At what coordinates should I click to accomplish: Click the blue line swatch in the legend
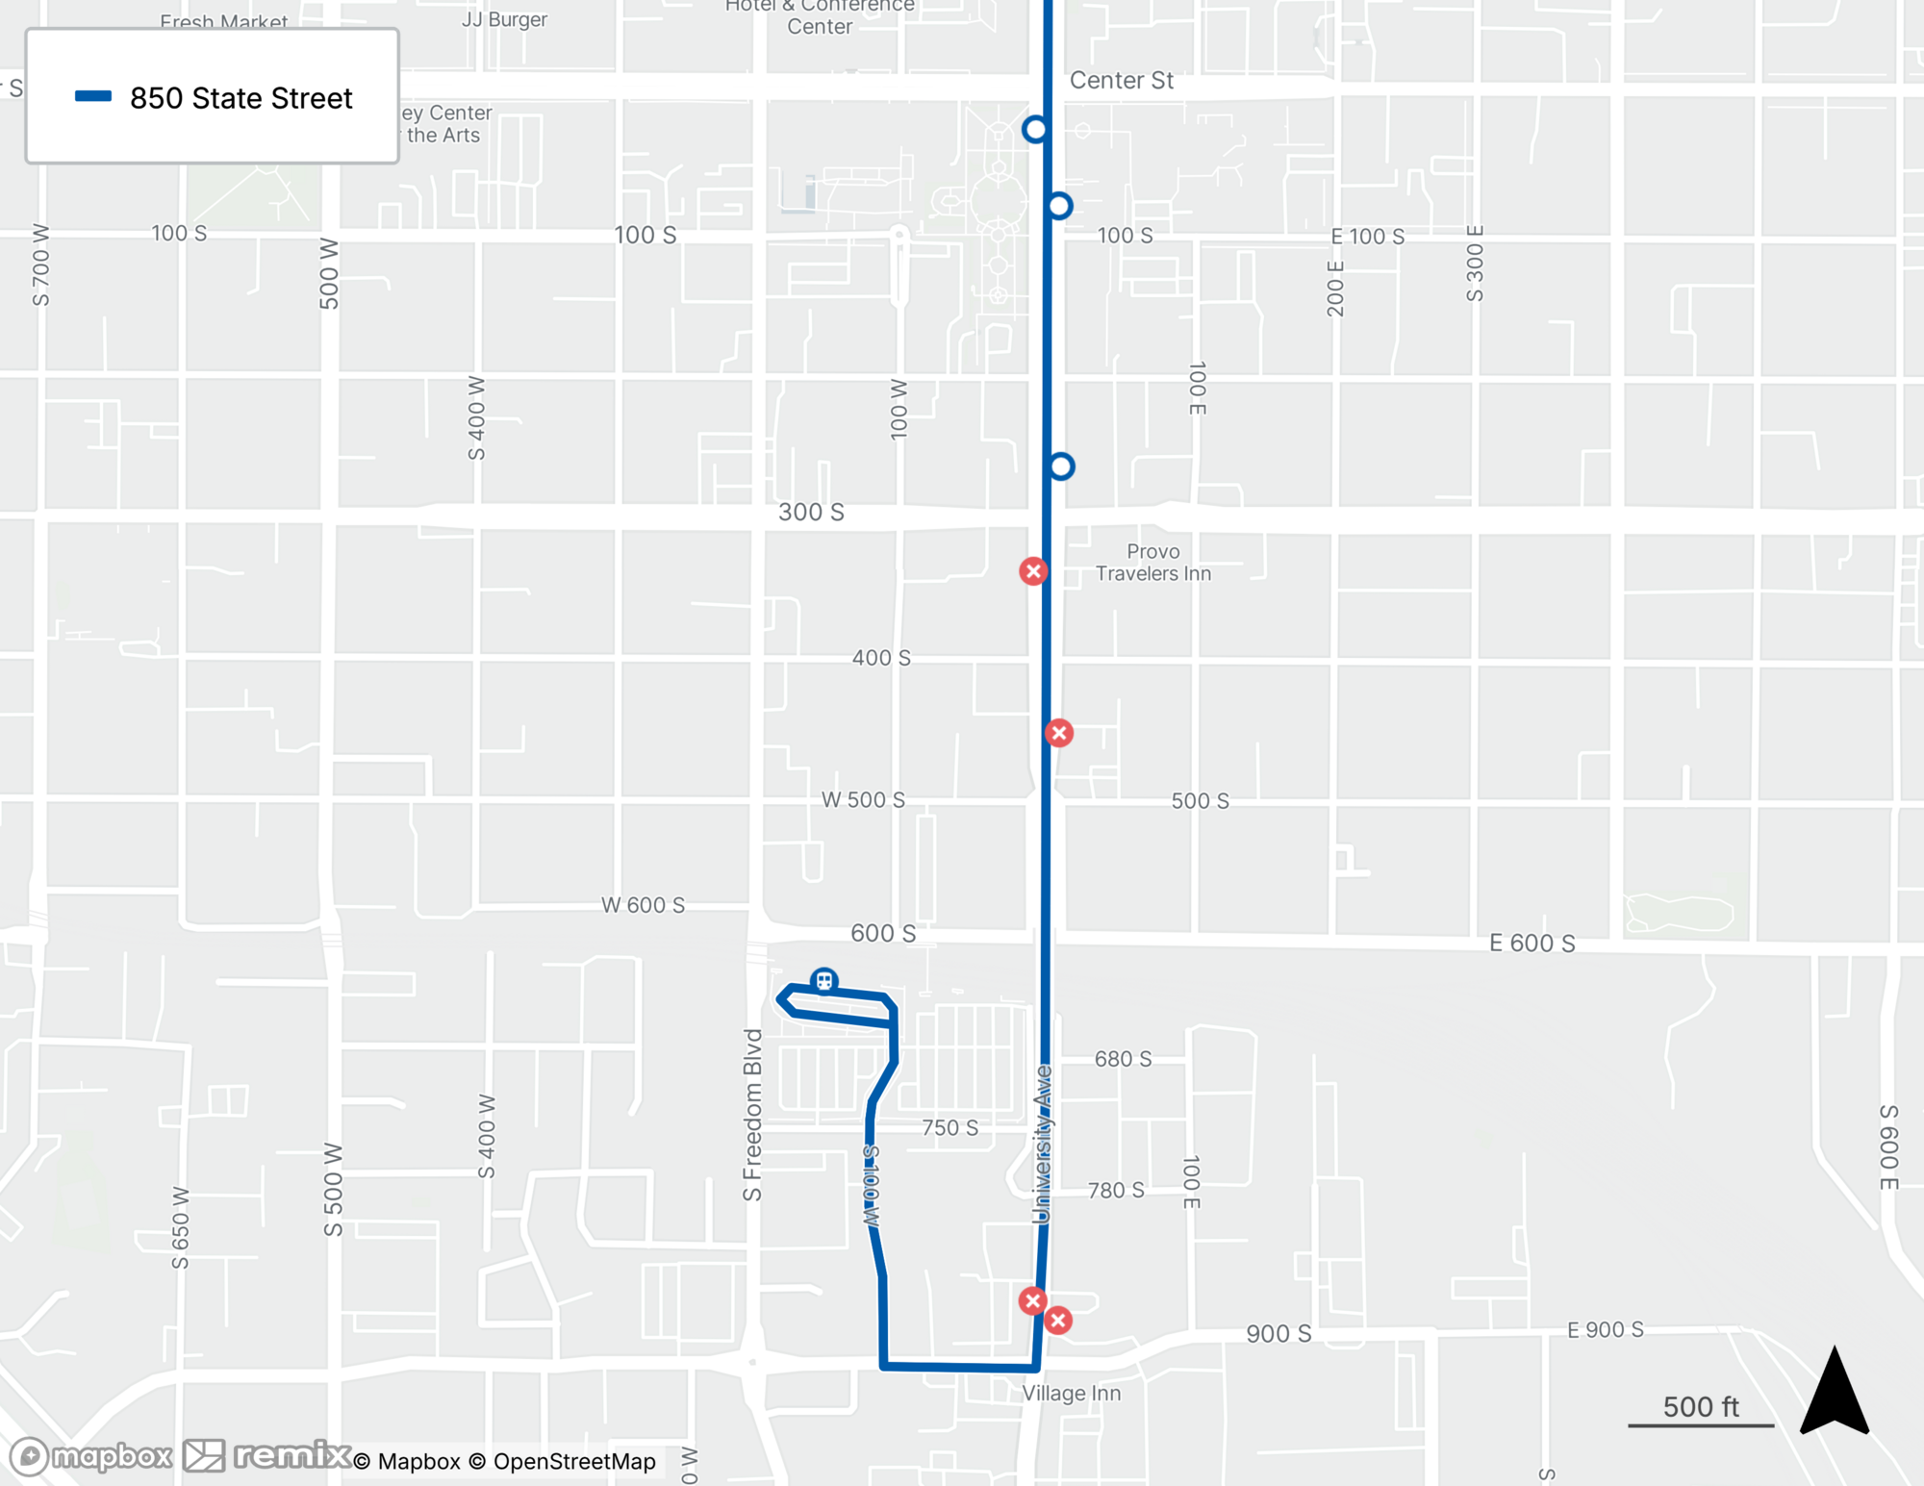(x=93, y=96)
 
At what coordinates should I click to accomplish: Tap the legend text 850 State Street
(x=240, y=98)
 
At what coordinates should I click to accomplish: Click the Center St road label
(x=1121, y=81)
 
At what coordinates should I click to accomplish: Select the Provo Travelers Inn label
(x=1152, y=563)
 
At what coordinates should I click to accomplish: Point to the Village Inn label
(x=1071, y=1393)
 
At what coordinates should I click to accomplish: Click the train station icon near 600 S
(x=823, y=981)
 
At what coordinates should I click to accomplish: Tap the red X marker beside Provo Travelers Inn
(x=1033, y=571)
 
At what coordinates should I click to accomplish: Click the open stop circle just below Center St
(x=1035, y=129)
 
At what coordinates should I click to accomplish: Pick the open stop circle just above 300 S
(x=1061, y=466)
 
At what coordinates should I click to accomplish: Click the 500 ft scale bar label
(x=1700, y=1407)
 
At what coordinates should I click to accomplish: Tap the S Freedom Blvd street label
(x=752, y=1115)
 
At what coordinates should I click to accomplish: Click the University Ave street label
(x=1042, y=1144)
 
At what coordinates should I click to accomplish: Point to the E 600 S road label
(x=1532, y=944)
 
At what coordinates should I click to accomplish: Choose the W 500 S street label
(x=863, y=800)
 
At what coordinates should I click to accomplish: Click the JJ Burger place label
(x=504, y=19)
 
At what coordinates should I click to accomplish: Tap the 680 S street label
(x=1123, y=1059)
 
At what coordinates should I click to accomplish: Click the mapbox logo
(x=91, y=1456)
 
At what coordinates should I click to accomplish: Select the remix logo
(x=267, y=1455)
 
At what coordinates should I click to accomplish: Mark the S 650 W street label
(x=180, y=1227)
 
